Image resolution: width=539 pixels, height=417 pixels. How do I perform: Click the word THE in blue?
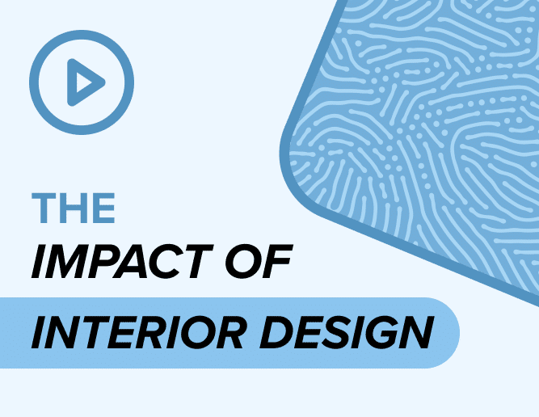click(73, 208)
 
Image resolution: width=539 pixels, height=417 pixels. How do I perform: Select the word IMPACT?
click(123, 262)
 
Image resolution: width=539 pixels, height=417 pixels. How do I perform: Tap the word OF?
click(259, 262)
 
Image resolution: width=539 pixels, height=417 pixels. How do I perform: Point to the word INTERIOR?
click(137, 332)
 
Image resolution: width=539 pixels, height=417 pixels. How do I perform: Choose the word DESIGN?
click(347, 332)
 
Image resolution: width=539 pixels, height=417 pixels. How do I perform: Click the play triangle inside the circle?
click(85, 82)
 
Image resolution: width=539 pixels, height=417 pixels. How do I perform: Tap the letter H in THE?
click(73, 208)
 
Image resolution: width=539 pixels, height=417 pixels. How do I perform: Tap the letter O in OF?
click(244, 262)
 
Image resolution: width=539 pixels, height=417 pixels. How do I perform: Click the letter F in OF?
click(276, 262)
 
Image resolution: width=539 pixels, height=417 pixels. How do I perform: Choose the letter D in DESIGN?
click(276, 332)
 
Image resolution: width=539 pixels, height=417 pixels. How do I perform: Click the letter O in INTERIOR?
click(200, 332)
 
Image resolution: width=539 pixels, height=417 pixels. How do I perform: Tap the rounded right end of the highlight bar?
click(454, 333)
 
